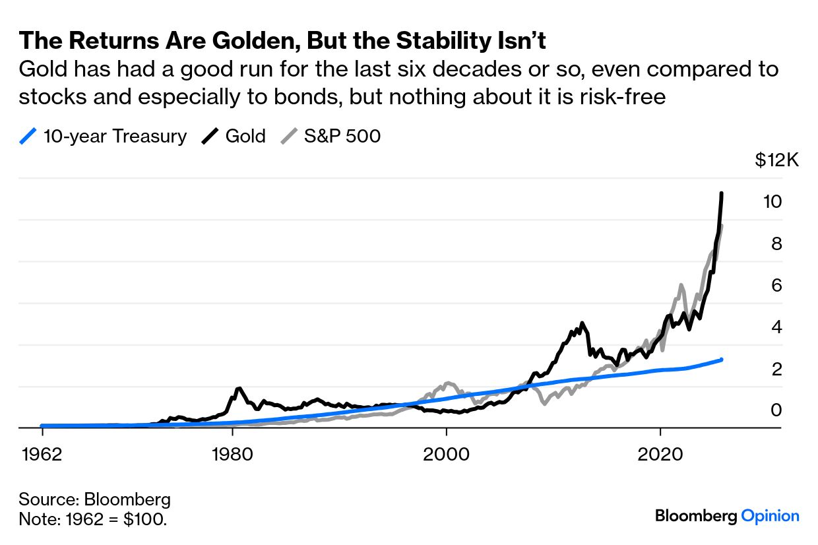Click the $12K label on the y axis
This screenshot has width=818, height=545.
pos(777,160)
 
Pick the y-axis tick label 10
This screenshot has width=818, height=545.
pos(772,202)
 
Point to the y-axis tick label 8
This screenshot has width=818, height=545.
pos(776,243)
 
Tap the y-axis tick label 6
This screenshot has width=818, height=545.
pos(776,285)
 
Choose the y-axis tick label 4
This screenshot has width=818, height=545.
pos(776,327)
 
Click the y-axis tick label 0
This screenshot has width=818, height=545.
pos(776,410)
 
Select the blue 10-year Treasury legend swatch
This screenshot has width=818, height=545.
pos(28,137)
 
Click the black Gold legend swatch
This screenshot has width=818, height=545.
pos(210,137)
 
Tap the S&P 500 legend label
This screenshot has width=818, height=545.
pos(342,137)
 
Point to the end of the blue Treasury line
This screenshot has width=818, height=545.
pos(722,360)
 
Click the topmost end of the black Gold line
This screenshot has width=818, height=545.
pos(722,193)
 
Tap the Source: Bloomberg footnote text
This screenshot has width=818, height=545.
pos(94,499)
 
